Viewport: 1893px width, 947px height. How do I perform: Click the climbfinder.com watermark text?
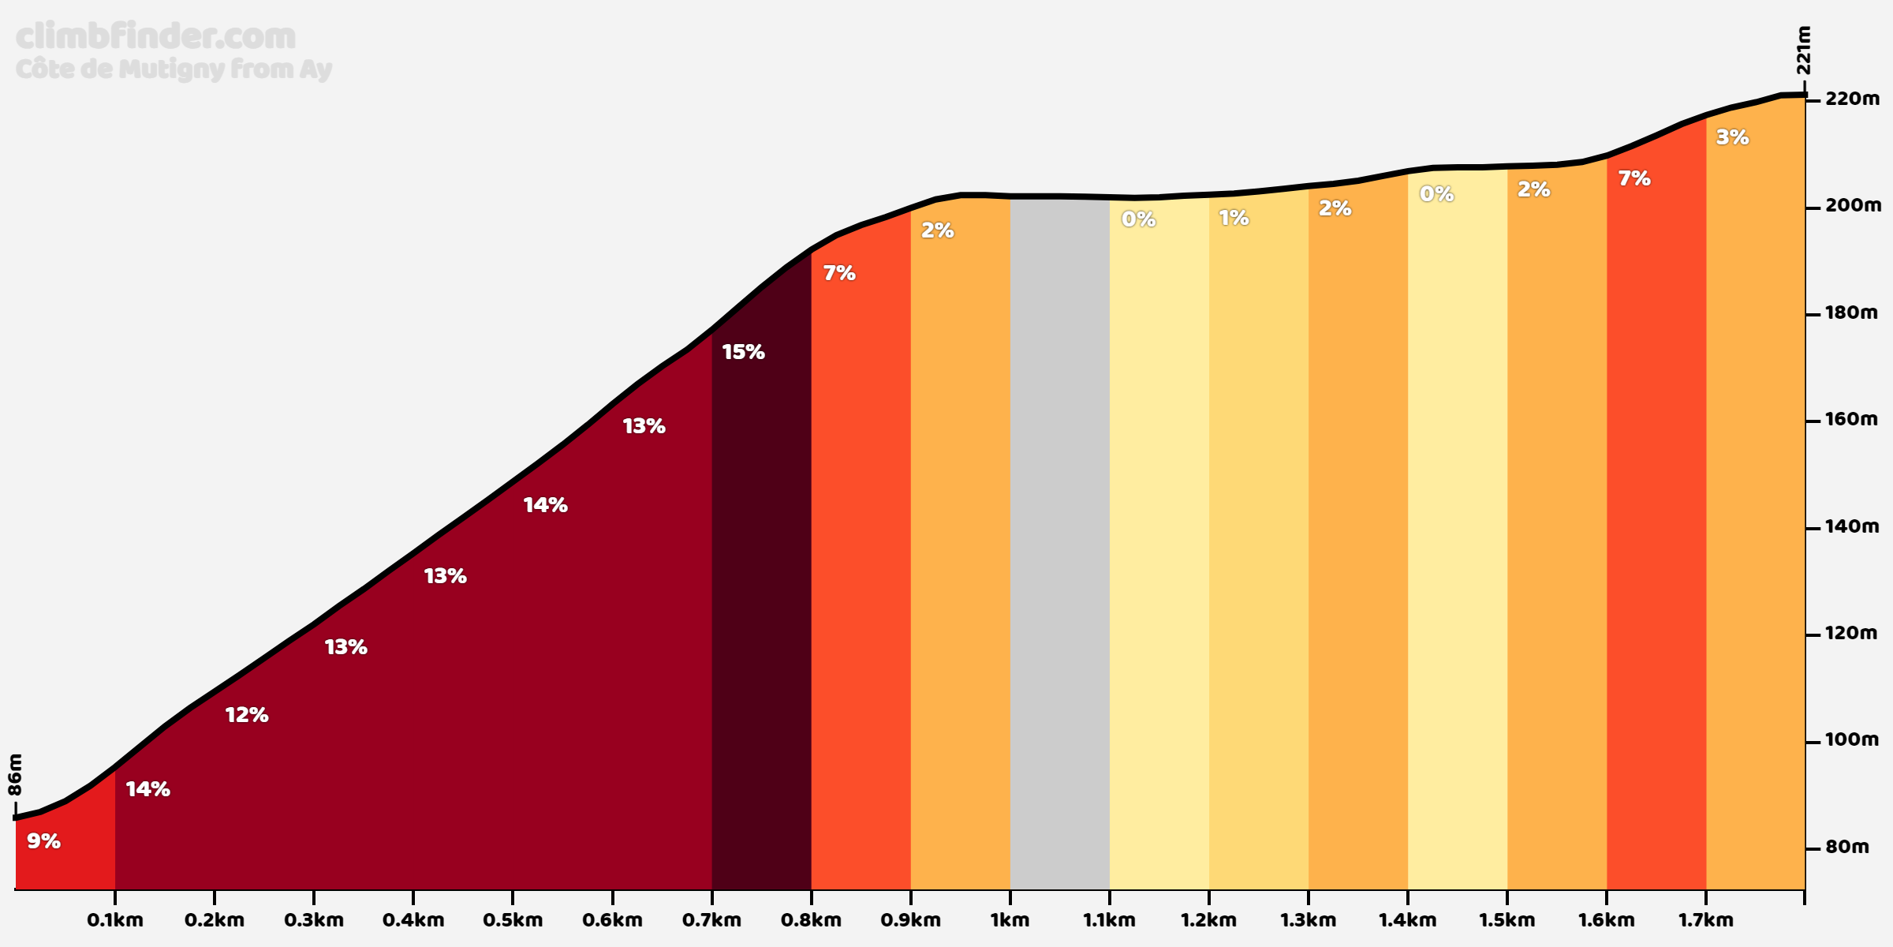pyautogui.click(x=155, y=36)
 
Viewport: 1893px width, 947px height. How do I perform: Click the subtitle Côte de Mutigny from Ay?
pyautogui.click(x=174, y=69)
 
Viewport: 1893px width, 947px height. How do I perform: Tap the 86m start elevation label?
pyautogui.click(x=15, y=774)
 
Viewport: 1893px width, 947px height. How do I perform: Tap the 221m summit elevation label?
pyautogui.click(x=1803, y=50)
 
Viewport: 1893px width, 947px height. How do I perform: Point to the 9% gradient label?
pyautogui.click(x=43, y=841)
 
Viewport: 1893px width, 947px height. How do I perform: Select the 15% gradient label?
pyautogui.click(x=743, y=352)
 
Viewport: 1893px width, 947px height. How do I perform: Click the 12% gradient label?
pyautogui.click(x=247, y=715)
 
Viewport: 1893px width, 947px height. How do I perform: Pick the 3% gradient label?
pyautogui.click(x=1732, y=137)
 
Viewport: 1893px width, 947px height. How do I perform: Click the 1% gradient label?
pyautogui.click(x=1234, y=218)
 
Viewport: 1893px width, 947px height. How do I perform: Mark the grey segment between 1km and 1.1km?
pyautogui.click(x=1059, y=552)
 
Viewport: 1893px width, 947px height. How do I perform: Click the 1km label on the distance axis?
pyautogui.click(x=1010, y=920)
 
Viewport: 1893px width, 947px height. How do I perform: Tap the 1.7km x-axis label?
pyautogui.click(x=1705, y=920)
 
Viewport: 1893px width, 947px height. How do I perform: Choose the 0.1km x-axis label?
pyautogui.click(x=115, y=920)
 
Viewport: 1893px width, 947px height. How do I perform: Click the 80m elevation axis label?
pyautogui.click(x=1847, y=847)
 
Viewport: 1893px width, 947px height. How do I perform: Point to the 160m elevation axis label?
pyautogui.click(x=1852, y=419)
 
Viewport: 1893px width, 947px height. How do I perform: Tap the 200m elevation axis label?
pyautogui.click(x=1852, y=205)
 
